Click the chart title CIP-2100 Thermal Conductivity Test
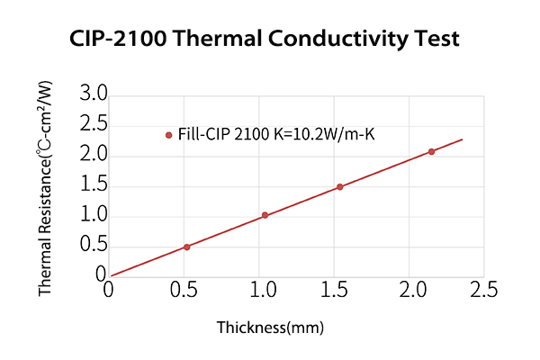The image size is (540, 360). pos(265,40)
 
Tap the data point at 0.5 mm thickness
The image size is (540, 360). pos(186,247)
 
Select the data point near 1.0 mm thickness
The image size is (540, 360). pos(265,215)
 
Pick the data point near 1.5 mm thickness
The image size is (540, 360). pos(339,187)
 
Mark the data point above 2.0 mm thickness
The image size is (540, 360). pos(431,151)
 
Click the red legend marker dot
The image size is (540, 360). pos(168,135)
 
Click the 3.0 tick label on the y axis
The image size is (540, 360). pos(94,94)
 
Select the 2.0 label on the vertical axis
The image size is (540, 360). pos(94,155)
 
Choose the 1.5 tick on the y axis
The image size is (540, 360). pos(94,185)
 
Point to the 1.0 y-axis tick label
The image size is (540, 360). pos(94,216)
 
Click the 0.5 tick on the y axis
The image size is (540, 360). pos(94,247)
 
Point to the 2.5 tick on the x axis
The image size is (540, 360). pos(484,291)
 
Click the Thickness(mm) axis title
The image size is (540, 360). pos(270,327)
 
